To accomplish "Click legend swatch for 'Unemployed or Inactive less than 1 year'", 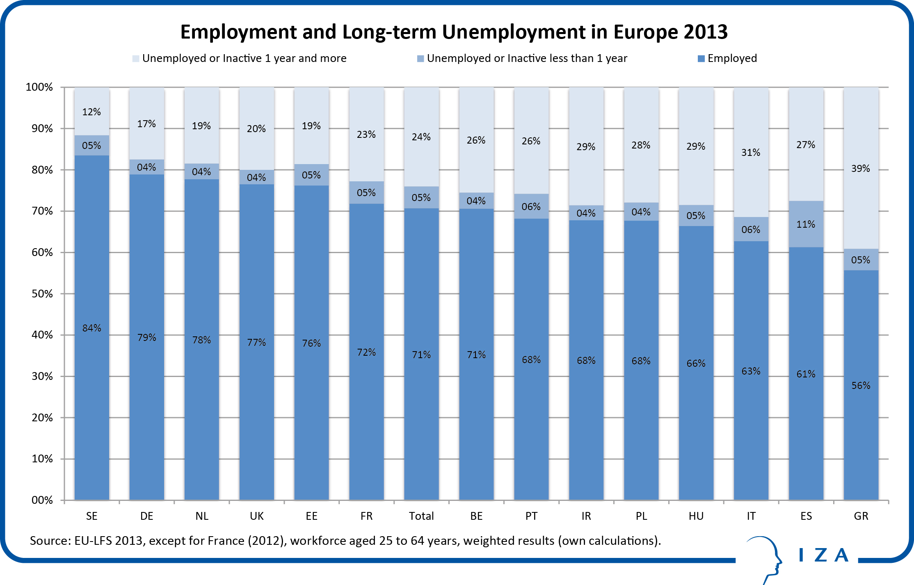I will [420, 59].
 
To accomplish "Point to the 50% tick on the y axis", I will [42, 294].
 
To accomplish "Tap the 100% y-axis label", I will [39, 87].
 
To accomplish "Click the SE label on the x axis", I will [91, 516].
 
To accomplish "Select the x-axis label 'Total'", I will [421, 516].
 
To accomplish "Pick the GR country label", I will [861, 516].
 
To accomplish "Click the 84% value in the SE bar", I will [91, 328].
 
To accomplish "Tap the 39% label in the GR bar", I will [860, 169].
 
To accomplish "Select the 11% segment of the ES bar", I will [806, 224].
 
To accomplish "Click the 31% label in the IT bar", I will [751, 153].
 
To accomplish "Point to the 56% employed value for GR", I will [861, 386].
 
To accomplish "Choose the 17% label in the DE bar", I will [146, 124].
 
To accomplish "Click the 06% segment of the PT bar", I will [531, 207].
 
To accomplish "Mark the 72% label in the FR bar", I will [366, 352].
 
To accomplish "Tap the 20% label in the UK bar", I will [256, 129].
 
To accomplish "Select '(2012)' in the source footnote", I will [267, 541].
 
